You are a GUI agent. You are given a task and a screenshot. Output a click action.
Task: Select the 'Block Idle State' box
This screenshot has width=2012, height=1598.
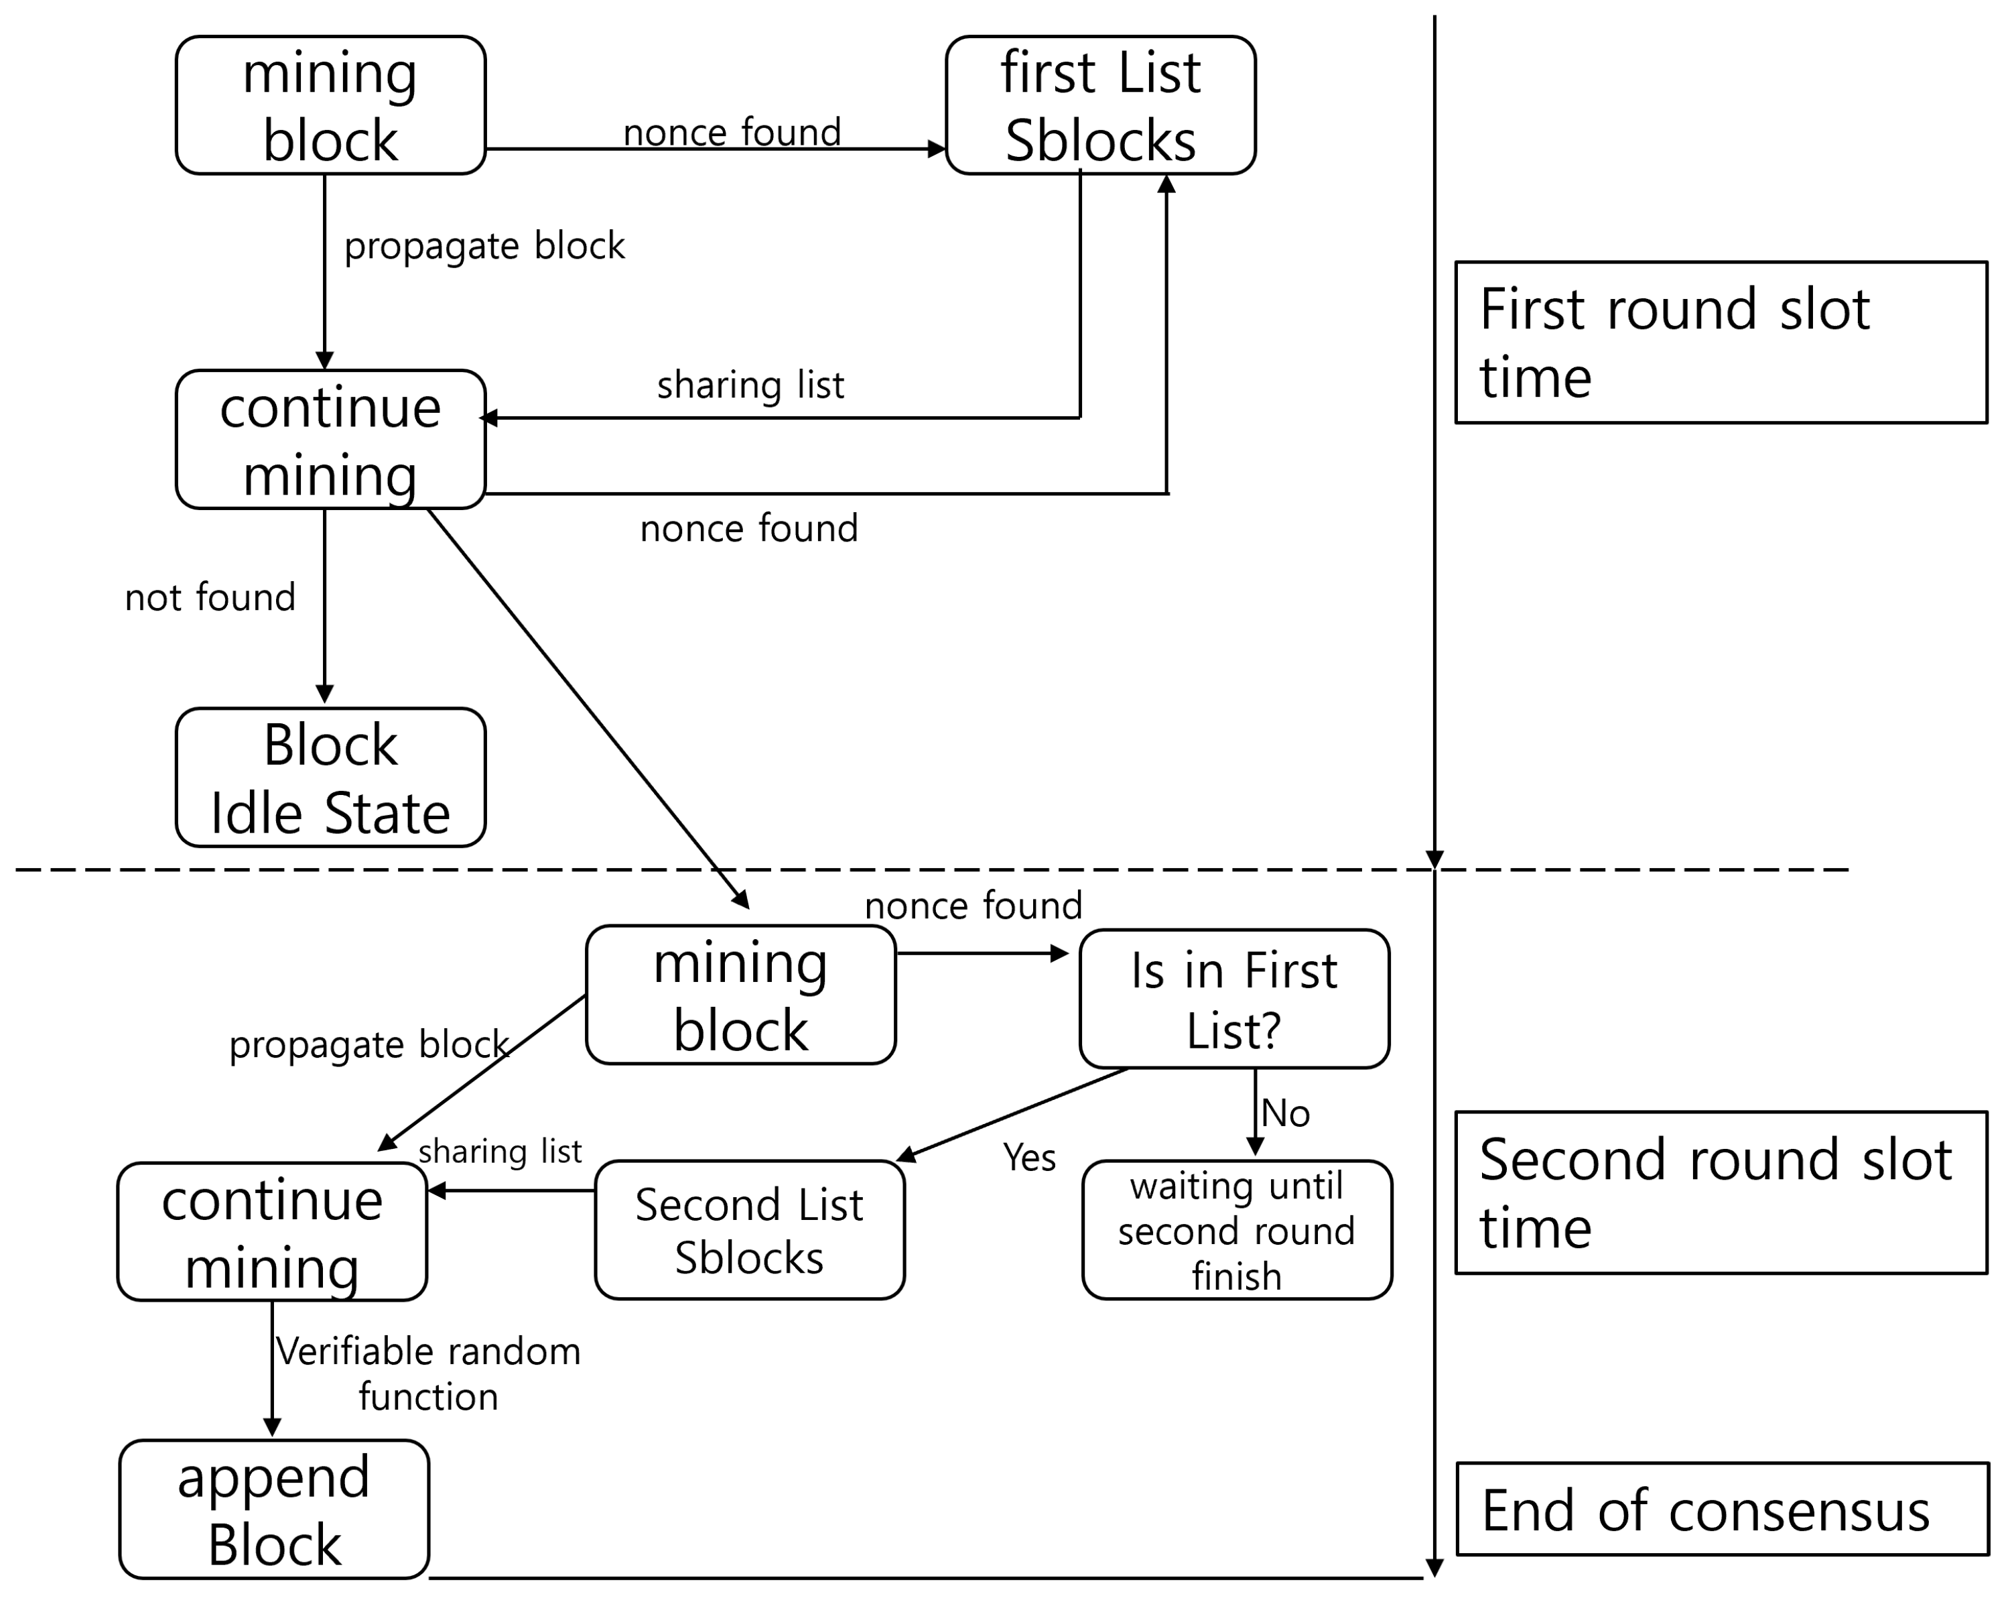click(x=330, y=778)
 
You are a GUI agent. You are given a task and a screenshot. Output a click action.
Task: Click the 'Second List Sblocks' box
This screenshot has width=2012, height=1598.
click(x=749, y=1230)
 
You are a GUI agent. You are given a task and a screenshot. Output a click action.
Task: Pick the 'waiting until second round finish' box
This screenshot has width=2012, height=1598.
click(x=1237, y=1230)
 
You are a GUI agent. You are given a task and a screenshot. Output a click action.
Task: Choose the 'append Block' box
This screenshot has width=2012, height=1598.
click(x=275, y=1510)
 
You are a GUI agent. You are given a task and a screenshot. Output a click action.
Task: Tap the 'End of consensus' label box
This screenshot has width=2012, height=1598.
click(x=1722, y=1510)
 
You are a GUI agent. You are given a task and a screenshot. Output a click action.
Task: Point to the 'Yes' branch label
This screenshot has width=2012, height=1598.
click(x=1029, y=1158)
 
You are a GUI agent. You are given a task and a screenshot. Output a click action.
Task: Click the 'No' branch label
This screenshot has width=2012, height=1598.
click(x=1285, y=1113)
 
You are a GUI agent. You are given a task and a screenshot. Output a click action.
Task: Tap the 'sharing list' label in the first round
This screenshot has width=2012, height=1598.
click(x=750, y=385)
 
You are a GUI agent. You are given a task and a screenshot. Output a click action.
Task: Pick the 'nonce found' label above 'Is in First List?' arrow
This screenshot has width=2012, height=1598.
click(x=974, y=906)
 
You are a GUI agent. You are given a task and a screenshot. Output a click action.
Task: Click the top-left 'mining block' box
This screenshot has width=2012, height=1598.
click(x=330, y=105)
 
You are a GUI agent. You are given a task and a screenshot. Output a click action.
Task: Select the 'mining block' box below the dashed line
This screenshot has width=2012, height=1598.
click(x=741, y=995)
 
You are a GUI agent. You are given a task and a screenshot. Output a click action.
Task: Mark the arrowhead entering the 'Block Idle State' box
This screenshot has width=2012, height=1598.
click(x=325, y=694)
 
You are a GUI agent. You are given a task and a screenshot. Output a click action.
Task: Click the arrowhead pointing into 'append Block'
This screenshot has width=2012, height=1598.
click(x=273, y=1428)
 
